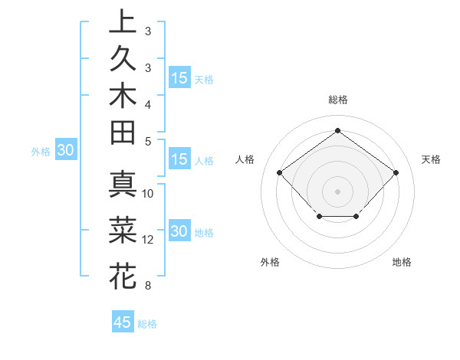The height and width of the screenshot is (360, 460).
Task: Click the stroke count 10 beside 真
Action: [148, 193]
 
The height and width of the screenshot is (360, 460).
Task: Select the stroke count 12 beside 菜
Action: [148, 239]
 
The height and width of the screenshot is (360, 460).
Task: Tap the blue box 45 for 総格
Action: [123, 322]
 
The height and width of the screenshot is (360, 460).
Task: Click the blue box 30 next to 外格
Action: [65, 151]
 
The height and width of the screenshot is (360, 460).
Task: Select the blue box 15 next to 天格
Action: [179, 78]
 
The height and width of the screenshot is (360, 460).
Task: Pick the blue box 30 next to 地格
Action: [179, 232]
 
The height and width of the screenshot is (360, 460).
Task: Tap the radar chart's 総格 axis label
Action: [337, 100]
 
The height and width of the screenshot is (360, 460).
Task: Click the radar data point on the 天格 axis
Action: [396, 172]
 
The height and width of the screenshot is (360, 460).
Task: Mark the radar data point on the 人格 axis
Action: [279, 172]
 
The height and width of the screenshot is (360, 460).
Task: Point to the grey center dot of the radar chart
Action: [337, 191]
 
